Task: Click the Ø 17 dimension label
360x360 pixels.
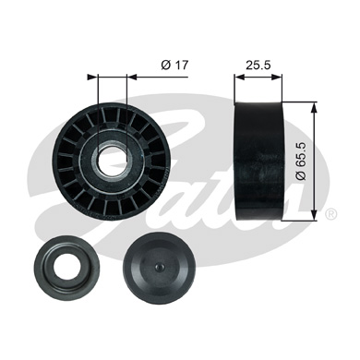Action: [x=174, y=65]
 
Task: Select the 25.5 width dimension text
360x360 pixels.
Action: [x=258, y=65]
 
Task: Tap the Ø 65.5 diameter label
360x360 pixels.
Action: [x=301, y=161]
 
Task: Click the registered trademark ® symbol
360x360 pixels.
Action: [x=330, y=213]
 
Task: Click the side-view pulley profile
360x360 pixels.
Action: [x=258, y=161]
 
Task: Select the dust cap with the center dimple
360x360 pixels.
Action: [x=159, y=267]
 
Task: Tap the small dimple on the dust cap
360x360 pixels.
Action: [x=158, y=267]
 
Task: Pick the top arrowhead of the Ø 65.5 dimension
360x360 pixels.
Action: [x=314, y=108]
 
